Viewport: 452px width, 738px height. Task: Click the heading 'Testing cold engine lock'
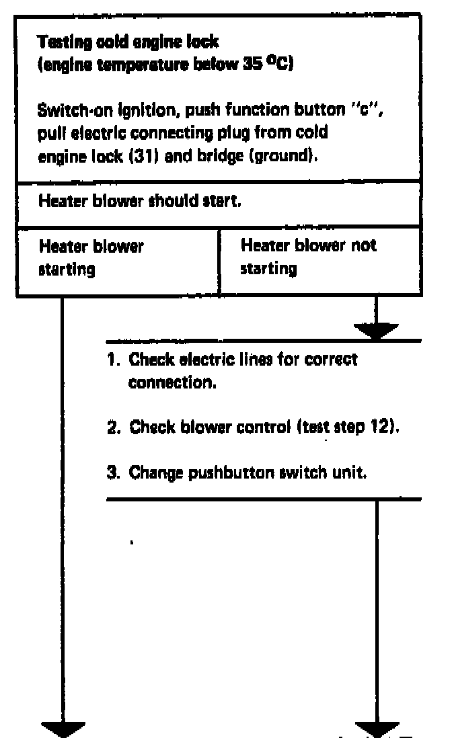coord(128,42)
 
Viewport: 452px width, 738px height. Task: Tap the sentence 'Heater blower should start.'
coord(140,201)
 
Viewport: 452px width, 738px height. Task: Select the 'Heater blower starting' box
coord(91,257)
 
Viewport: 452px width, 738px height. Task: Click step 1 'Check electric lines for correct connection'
coord(232,370)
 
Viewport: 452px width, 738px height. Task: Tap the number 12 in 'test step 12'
coord(384,428)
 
